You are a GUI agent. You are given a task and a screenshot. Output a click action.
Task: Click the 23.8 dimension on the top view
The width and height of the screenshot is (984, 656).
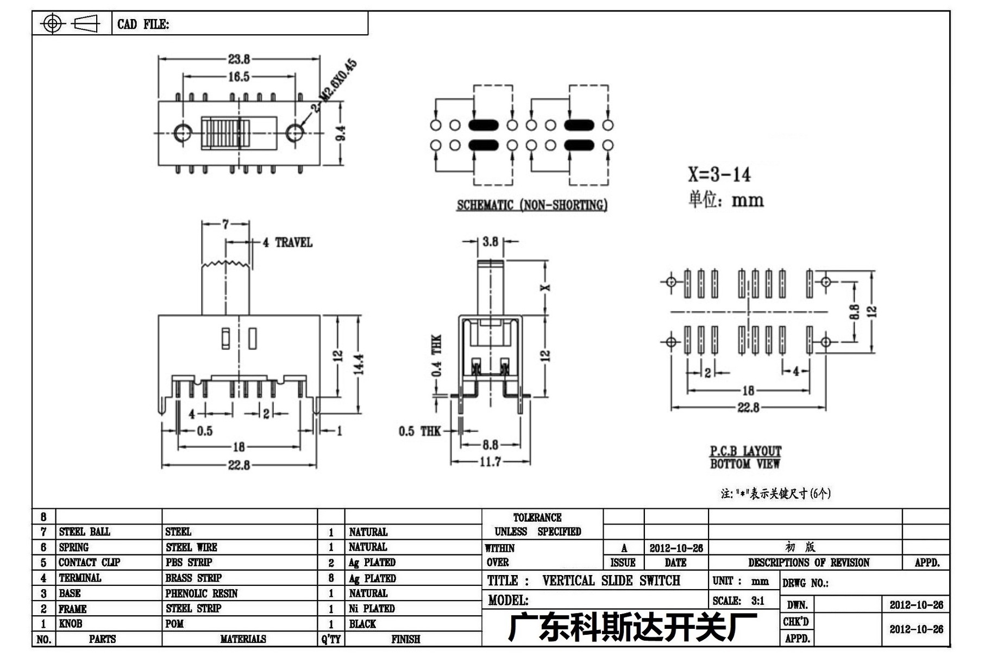click(239, 59)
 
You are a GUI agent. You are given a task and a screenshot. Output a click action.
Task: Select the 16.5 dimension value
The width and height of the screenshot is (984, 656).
click(239, 77)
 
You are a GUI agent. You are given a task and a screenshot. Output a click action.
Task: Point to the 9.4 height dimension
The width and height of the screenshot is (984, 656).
click(341, 133)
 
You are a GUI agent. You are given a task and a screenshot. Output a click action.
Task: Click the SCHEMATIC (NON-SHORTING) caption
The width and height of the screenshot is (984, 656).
click(532, 205)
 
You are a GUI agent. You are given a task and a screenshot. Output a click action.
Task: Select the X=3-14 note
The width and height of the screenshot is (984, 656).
click(719, 174)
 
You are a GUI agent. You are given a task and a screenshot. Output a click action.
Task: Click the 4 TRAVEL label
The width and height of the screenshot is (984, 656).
click(287, 242)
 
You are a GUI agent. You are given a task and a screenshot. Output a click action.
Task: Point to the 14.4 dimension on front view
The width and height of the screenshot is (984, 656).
click(359, 364)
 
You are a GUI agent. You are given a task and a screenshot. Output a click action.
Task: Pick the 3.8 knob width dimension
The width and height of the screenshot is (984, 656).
click(490, 241)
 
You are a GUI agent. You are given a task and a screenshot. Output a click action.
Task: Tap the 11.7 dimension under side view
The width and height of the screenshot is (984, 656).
click(490, 462)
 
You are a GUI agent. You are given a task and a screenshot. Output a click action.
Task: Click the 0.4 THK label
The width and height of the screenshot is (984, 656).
click(436, 355)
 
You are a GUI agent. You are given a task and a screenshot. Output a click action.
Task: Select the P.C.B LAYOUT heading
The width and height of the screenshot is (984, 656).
click(745, 451)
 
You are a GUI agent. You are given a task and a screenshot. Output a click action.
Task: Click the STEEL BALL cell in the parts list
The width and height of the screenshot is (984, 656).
click(85, 532)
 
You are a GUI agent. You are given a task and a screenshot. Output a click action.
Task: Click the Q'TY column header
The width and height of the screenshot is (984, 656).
click(331, 639)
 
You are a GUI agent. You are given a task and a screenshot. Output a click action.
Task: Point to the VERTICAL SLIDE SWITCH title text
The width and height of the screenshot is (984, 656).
click(611, 580)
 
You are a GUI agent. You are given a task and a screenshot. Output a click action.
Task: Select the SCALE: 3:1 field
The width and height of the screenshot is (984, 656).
click(738, 601)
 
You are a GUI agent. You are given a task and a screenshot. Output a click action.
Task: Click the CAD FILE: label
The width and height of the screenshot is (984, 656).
click(143, 24)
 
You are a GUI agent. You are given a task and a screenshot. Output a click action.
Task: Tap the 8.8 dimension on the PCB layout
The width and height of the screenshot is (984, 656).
click(854, 312)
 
